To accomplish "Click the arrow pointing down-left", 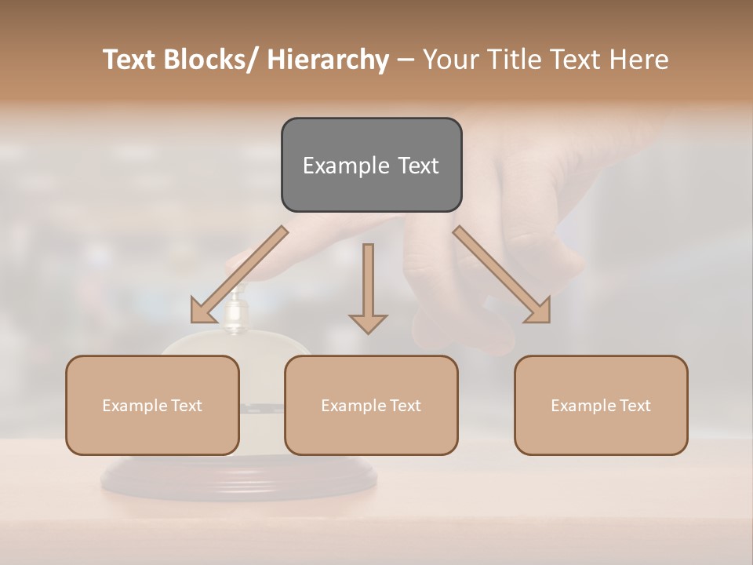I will click(238, 275).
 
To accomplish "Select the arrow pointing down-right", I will click(502, 275).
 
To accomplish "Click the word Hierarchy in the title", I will click(328, 60).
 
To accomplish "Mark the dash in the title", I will click(406, 60).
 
